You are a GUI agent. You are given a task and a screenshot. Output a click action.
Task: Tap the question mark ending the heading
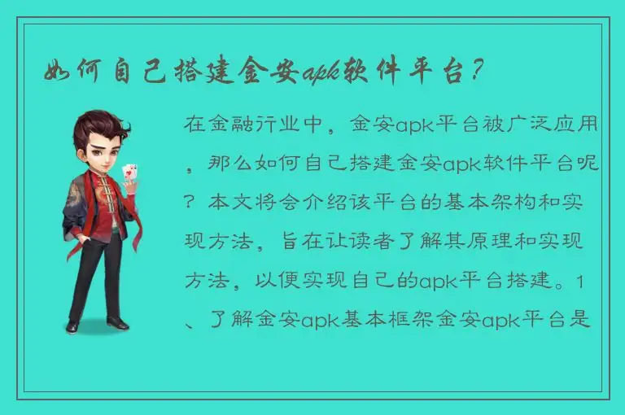(480, 72)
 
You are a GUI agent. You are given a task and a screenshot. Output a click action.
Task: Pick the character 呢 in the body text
(592, 164)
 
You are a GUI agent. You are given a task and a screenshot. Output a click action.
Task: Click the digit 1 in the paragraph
(579, 282)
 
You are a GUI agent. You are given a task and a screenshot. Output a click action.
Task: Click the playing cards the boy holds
(128, 173)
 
